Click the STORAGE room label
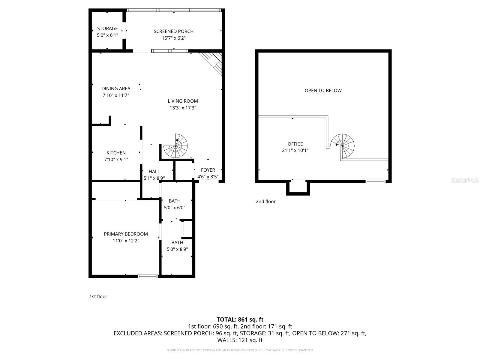pos(107,28)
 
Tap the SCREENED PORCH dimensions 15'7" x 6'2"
pos(174,38)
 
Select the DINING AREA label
pos(116,88)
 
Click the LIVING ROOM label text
pos(183,101)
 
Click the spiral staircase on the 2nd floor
pos(343,145)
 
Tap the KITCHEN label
pos(116,153)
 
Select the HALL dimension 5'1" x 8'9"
pos(154,178)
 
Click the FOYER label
pos(208,170)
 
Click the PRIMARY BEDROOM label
pos(126,234)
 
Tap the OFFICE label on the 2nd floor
pos(295,144)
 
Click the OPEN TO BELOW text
pos(323,90)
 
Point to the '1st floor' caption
pos(98,296)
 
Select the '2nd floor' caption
pos(265,202)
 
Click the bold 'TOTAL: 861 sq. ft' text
pos(240,319)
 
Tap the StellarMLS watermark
pos(465,180)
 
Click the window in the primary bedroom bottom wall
pos(148,276)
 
